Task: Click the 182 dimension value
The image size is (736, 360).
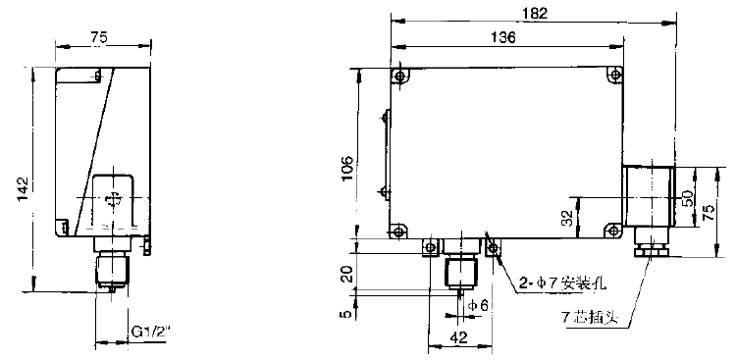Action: pos(535,13)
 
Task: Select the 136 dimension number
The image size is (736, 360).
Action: pos(501,37)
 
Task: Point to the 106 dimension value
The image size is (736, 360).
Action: pos(347,169)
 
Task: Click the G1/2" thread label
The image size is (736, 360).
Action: pos(149,333)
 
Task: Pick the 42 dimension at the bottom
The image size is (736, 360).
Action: pos(459,338)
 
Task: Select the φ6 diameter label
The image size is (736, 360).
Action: pos(478,305)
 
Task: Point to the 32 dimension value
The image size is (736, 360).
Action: pos(567,218)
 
